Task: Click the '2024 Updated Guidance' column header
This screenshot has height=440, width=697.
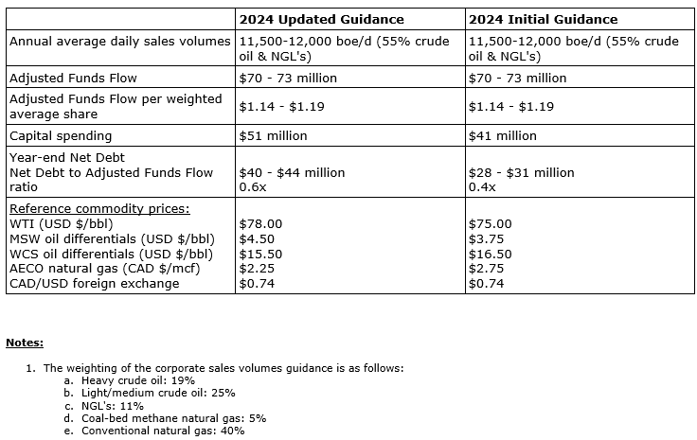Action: coord(321,19)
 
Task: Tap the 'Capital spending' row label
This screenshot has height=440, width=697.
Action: coord(61,135)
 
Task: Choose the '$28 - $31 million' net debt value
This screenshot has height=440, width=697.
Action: coord(522,173)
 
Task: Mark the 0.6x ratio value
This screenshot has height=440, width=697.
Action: coord(250,186)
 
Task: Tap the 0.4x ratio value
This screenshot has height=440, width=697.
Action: coord(481,186)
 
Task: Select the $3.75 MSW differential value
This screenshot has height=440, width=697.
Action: coord(487,239)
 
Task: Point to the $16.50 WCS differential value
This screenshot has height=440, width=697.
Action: coord(491,254)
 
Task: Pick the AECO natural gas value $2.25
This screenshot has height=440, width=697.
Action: coord(256,269)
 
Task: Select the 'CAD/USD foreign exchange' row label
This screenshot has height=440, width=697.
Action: coord(93,284)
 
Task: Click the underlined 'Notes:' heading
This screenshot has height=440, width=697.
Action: coord(25,343)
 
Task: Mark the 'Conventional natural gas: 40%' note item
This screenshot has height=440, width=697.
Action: coord(164,431)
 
